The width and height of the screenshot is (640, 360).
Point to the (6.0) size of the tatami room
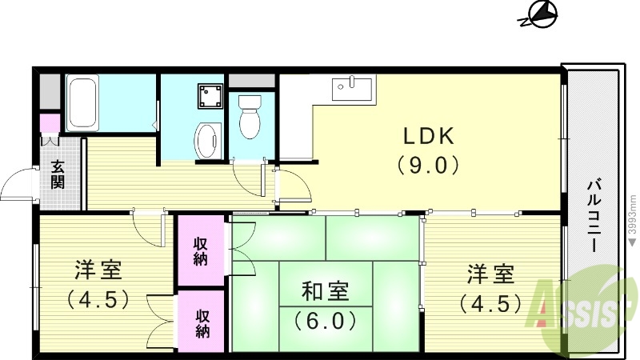(325, 320)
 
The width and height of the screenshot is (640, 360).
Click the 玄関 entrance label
(59, 174)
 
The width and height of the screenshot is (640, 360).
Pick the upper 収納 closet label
(202, 250)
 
